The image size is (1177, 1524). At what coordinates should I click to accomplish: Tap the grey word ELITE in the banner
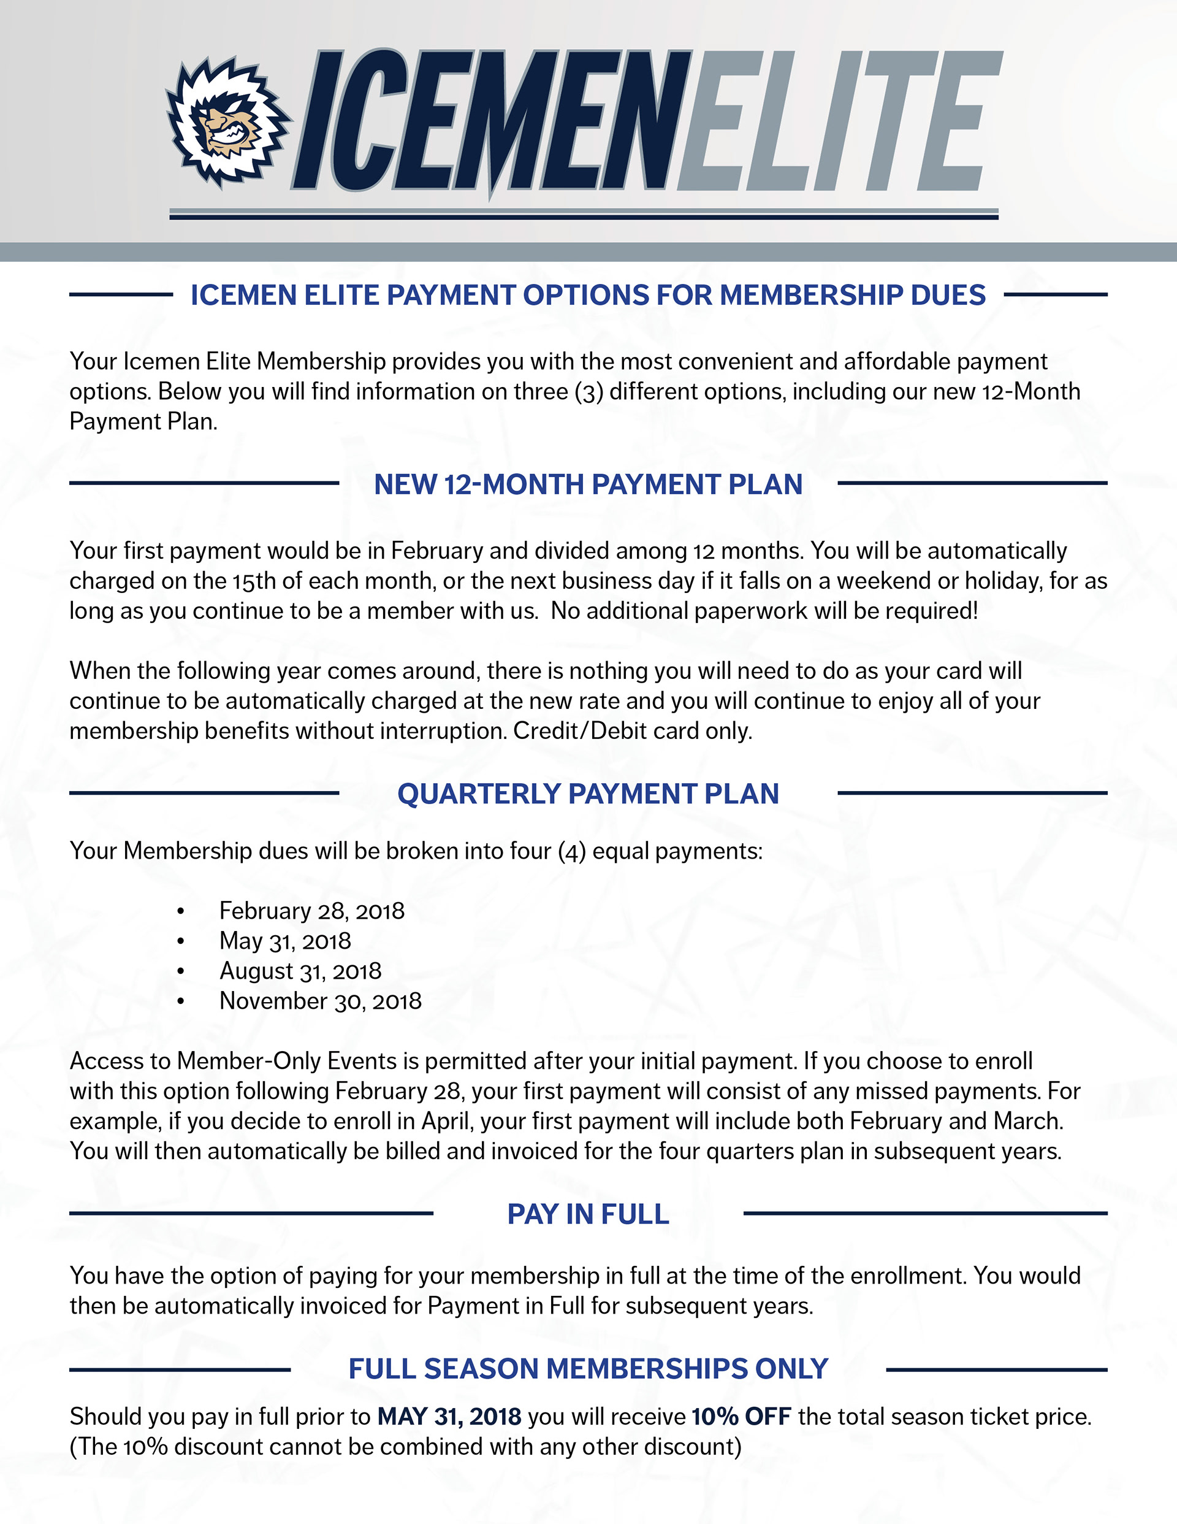(837, 122)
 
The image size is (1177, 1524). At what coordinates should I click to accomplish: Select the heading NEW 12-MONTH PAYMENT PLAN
(588, 484)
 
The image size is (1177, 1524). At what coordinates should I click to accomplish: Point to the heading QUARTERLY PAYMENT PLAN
(588, 794)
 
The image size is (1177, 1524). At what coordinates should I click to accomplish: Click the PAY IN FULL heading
(588, 1214)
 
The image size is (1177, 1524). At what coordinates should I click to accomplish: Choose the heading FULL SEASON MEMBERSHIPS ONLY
(588, 1369)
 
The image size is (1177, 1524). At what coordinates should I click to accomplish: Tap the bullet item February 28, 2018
(312, 911)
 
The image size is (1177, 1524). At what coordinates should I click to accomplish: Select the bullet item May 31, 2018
(285, 941)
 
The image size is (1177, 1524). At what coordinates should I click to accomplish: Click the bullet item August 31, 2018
(301, 971)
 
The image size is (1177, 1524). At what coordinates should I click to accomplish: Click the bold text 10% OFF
(741, 1417)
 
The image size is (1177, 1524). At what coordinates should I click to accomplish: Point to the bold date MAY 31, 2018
(449, 1417)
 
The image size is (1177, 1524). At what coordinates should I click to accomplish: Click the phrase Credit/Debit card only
(633, 730)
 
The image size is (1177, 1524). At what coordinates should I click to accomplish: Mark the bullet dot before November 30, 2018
(181, 1001)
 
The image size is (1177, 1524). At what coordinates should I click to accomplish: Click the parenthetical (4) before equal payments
(571, 851)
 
